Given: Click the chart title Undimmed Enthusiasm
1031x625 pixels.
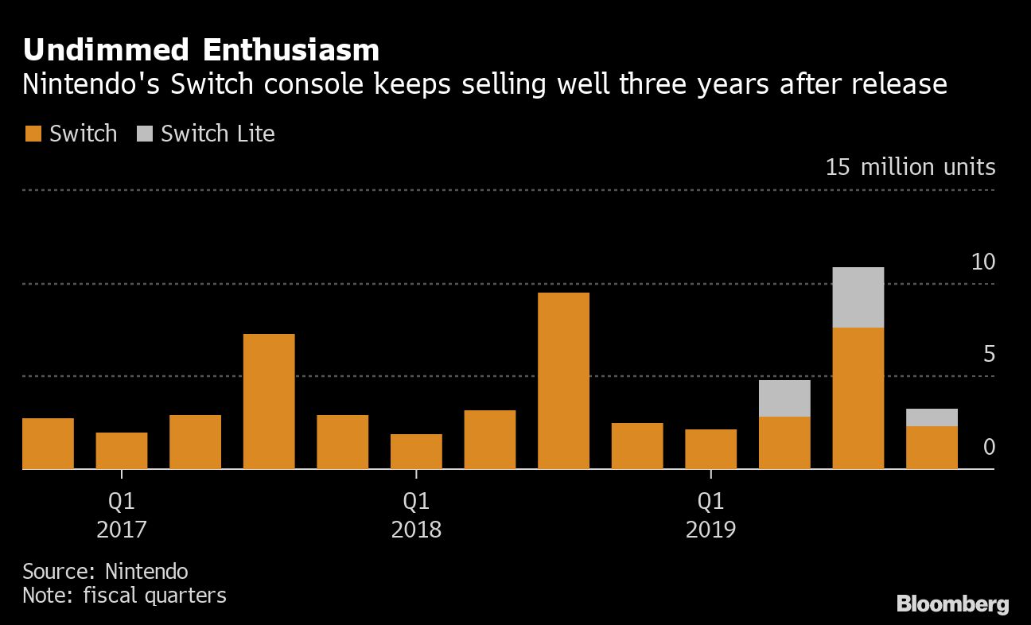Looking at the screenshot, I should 200,50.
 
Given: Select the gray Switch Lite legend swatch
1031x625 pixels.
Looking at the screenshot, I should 143,134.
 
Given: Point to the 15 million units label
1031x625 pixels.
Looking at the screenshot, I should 910,168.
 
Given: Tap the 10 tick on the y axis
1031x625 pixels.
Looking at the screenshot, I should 983,262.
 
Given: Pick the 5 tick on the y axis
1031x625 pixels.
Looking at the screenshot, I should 989,355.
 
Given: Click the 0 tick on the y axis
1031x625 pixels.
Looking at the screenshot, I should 989,448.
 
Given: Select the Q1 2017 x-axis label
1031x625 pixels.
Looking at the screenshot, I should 121,515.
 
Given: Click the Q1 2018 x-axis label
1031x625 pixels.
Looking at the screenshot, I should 416,515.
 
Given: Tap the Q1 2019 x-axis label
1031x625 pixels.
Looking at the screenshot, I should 710,515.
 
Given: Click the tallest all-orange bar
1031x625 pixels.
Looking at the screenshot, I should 563,381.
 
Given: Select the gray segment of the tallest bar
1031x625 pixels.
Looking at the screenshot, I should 858,297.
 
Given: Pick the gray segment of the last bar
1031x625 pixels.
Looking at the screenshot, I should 932,417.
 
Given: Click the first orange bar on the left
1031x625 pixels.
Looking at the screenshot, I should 48,444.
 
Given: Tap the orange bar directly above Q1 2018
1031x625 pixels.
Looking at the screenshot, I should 416,452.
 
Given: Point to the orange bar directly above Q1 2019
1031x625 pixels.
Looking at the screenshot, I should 710,449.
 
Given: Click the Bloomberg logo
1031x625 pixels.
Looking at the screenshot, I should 952,604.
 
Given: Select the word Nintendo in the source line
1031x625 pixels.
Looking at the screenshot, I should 146,571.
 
